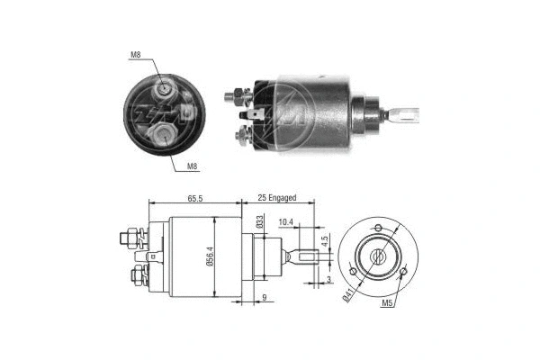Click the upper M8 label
pyautogui.click(x=136, y=56)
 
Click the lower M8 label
pyautogui.click(x=193, y=166)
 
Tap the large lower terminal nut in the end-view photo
pyautogui.click(x=167, y=134)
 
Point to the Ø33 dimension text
pyautogui.click(x=258, y=221)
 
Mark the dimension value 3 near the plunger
pyautogui.click(x=330, y=280)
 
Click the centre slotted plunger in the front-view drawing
pyautogui.click(x=379, y=256)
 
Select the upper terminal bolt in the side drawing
pyautogui.click(x=129, y=238)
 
